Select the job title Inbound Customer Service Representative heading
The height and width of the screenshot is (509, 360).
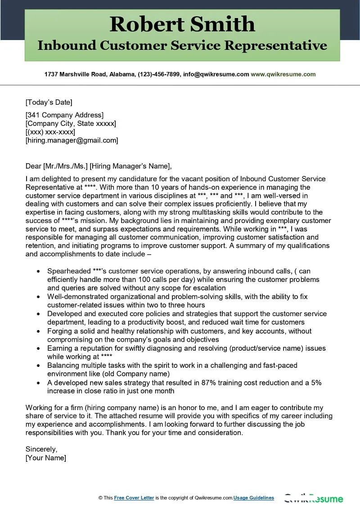click(x=182, y=45)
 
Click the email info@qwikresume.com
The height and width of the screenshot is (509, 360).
click(x=216, y=74)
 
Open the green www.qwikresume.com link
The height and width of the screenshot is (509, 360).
click(x=283, y=74)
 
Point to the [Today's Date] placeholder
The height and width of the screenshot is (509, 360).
click(x=49, y=102)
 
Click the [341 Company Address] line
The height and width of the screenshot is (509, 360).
click(x=64, y=115)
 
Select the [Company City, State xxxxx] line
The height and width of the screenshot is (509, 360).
click(x=71, y=124)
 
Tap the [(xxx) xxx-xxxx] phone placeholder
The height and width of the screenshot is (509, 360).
click(x=50, y=132)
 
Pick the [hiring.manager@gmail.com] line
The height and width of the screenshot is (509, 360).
click(x=72, y=141)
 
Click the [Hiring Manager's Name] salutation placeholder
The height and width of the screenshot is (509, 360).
click(x=130, y=166)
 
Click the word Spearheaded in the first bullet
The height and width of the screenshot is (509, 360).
click(x=68, y=271)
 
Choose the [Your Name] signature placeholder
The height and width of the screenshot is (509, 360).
click(x=46, y=458)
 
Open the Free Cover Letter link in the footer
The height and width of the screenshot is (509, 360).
click(x=134, y=498)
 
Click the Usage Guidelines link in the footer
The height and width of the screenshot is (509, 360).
click(x=254, y=498)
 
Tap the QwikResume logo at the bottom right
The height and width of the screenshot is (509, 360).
click(x=313, y=499)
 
